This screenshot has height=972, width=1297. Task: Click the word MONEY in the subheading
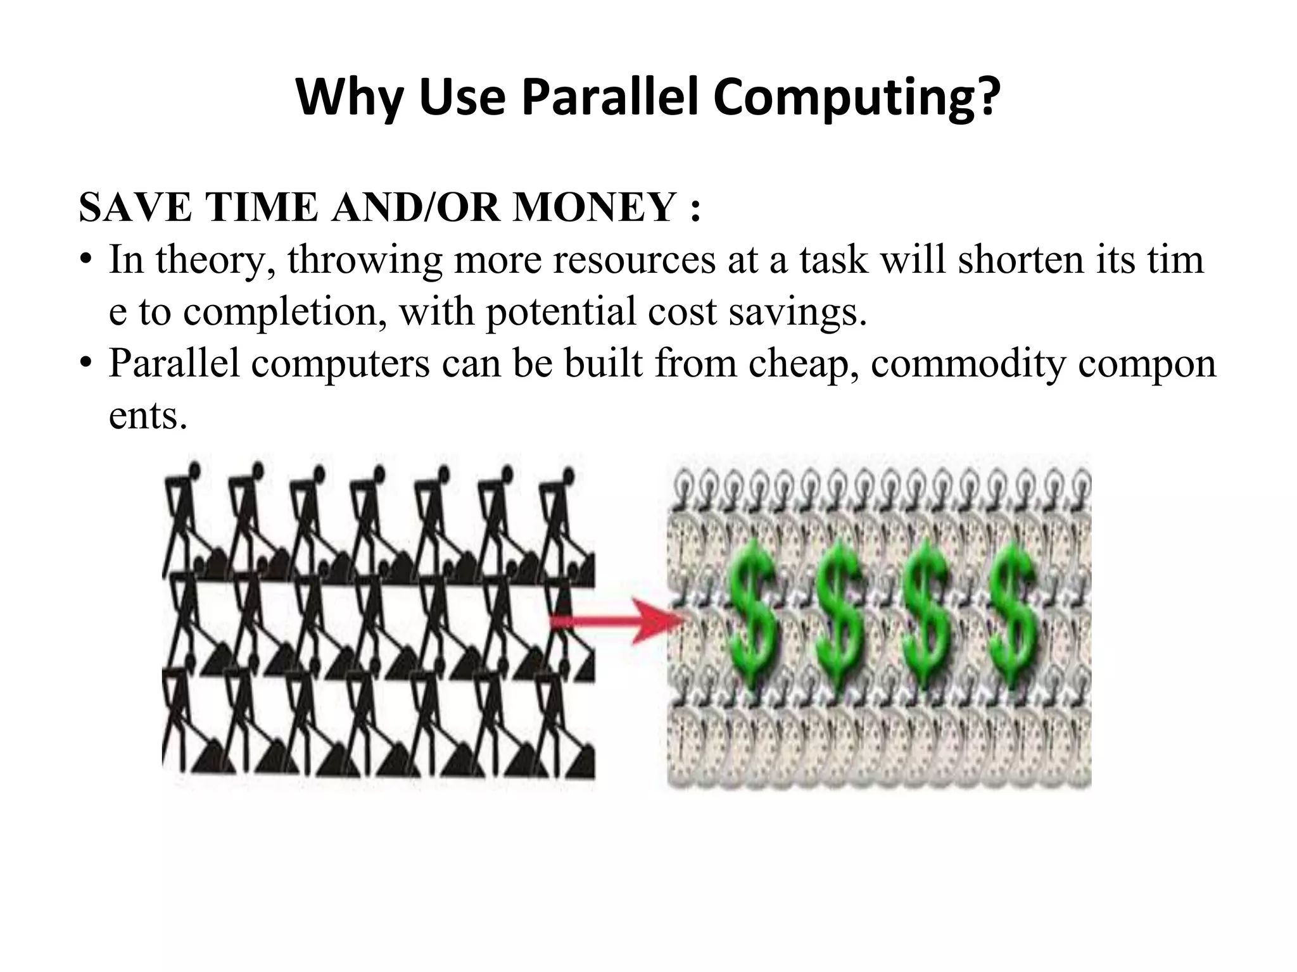pos(595,208)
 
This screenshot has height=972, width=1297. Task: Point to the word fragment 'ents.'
pos(148,416)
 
